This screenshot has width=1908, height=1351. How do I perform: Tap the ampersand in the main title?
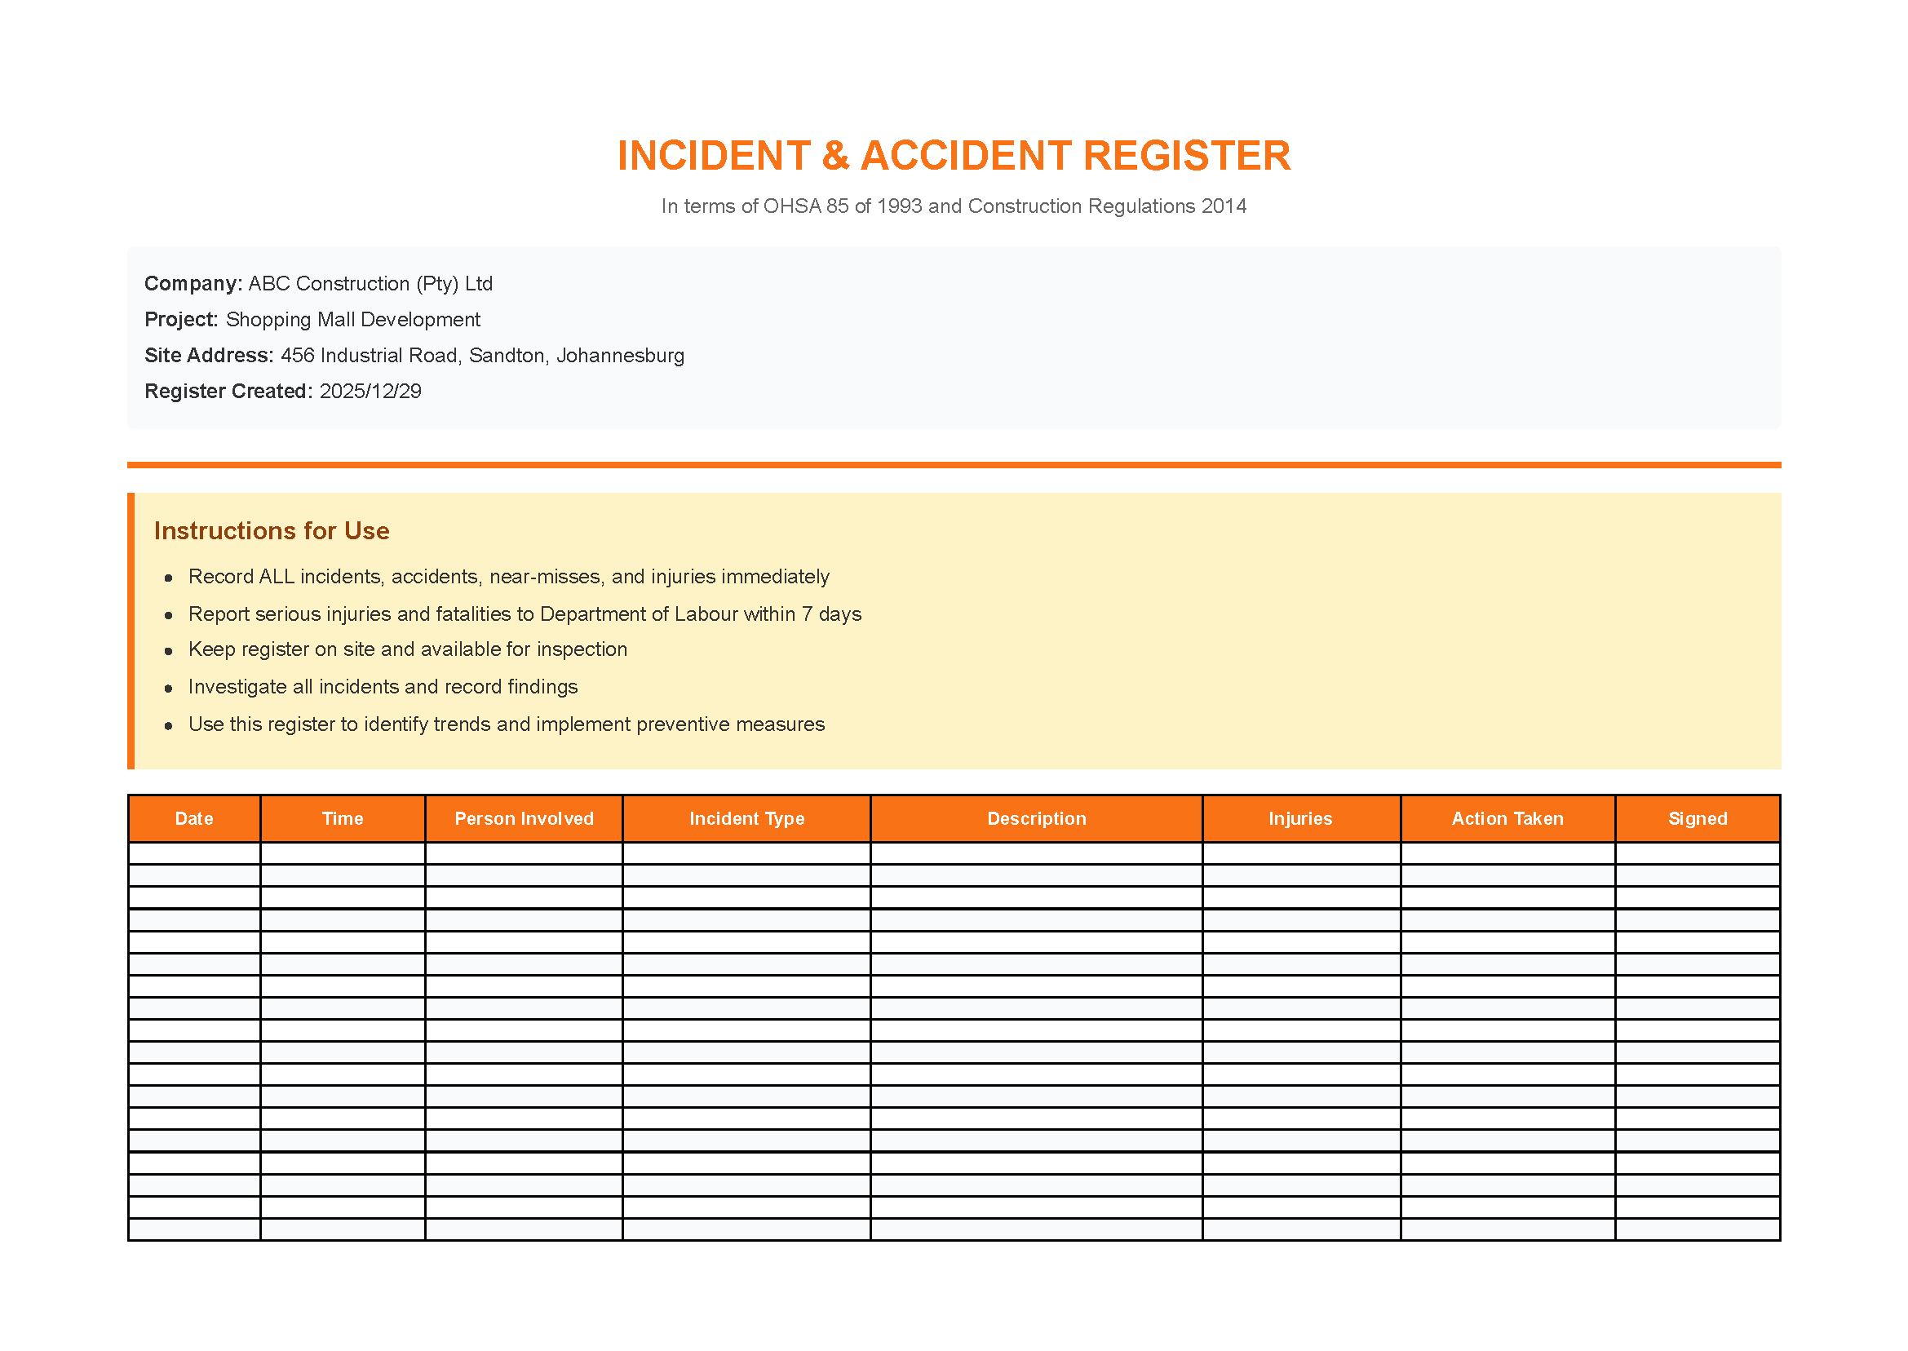click(x=836, y=157)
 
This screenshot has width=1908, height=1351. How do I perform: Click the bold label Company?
click(x=193, y=284)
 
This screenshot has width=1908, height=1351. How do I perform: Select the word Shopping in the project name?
click(x=263, y=320)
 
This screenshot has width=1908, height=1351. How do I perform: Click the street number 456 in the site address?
click(x=297, y=355)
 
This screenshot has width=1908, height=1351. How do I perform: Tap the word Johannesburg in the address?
click(x=620, y=355)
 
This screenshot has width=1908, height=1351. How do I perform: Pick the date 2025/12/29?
click(x=370, y=391)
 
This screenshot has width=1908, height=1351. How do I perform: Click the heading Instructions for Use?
click(x=271, y=531)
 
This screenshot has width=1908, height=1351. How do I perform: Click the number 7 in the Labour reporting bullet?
click(x=807, y=614)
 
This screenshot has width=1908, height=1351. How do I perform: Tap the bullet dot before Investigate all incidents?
click(x=169, y=688)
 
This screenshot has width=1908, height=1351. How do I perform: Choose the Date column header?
click(x=194, y=818)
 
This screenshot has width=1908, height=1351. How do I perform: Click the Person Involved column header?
click(x=524, y=818)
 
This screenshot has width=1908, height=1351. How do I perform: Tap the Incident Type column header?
click(x=746, y=818)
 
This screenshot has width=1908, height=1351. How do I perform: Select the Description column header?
click(x=1035, y=818)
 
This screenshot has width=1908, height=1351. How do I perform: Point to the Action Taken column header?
click(x=1507, y=818)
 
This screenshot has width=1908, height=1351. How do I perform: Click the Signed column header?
click(x=1697, y=818)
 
